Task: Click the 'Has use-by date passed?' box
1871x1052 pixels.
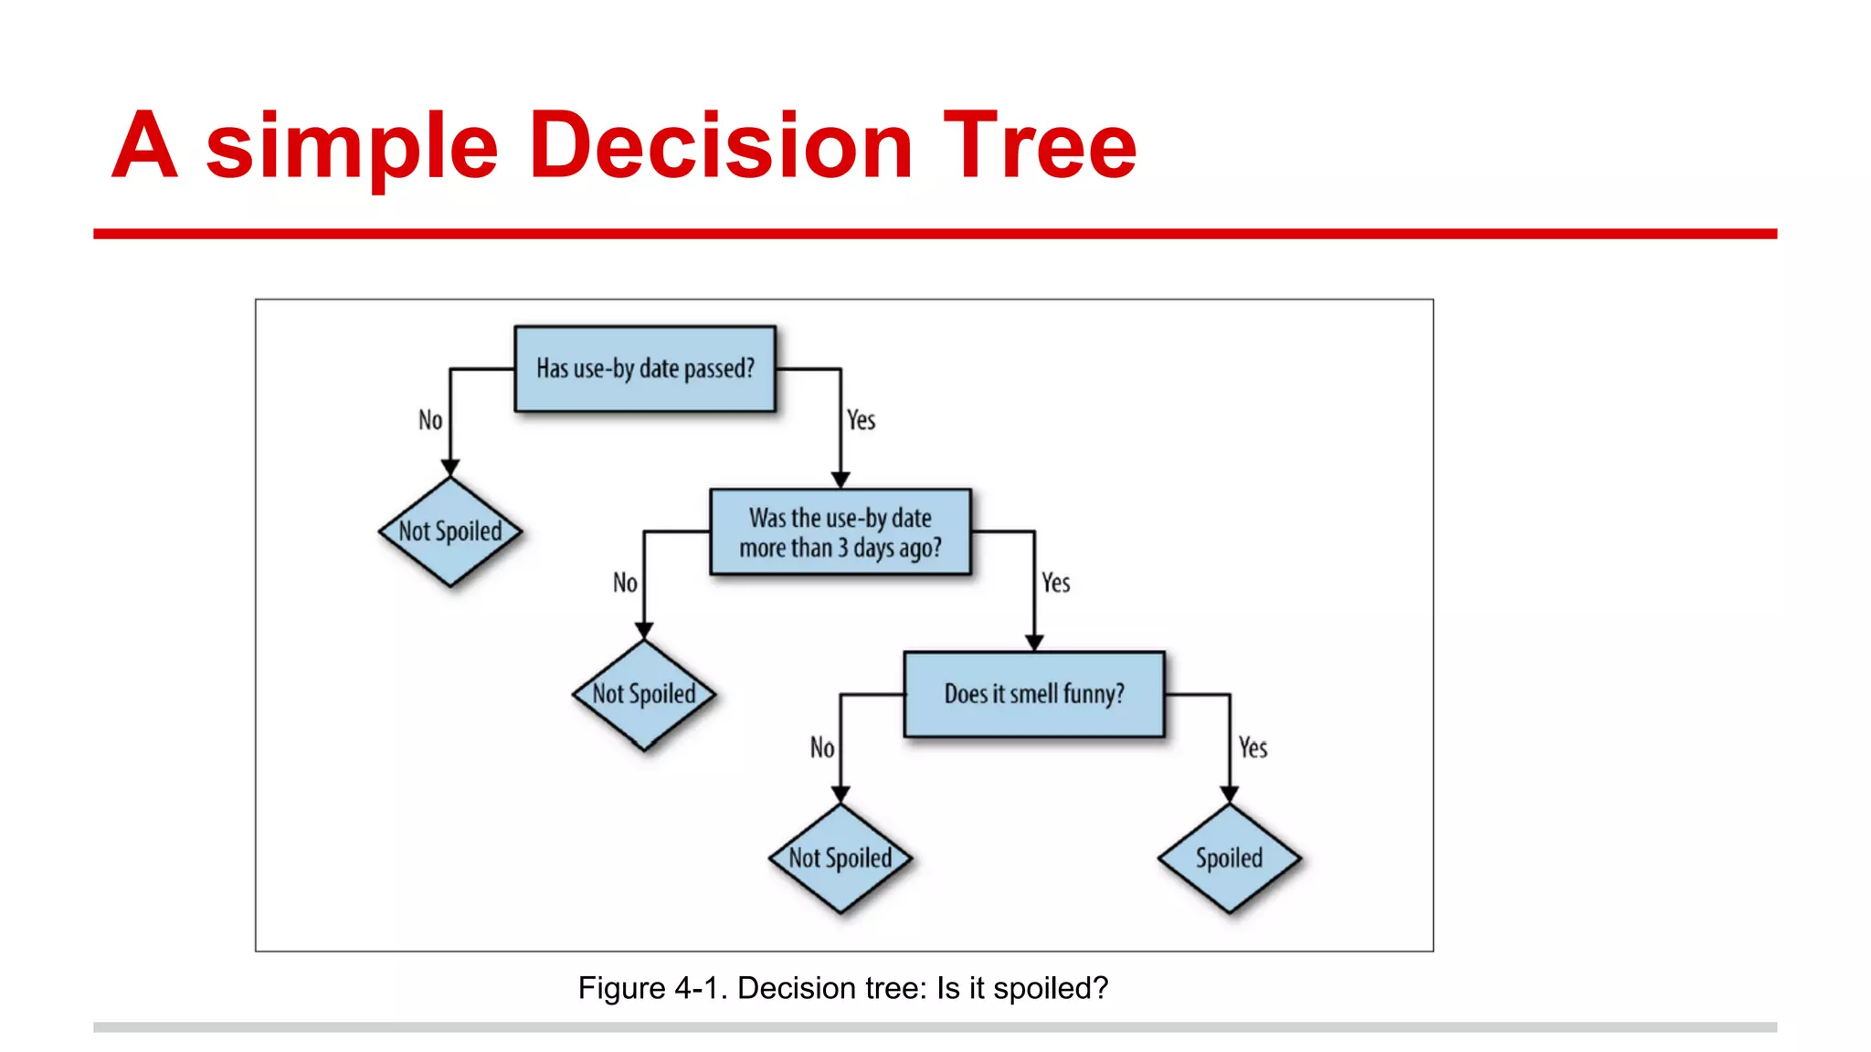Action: coord(645,369)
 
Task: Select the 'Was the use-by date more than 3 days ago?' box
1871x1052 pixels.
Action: coord(840,532)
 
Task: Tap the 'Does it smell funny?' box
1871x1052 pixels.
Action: coord(1034,694)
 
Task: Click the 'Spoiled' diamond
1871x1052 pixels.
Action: coord(1229,858)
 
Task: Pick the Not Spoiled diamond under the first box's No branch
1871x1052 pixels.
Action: coord(450,531)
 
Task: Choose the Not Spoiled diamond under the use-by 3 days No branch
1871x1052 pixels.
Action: coord(644,695)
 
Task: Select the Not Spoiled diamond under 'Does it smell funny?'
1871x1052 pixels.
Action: coord(840,858)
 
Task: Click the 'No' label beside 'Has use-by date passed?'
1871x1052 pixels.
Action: coord(430,420)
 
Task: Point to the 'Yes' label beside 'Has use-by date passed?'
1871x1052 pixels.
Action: coord(861,420)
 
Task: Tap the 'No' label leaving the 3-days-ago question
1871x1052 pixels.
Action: coord(625,583)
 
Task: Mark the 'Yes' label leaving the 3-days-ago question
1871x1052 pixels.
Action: coord(1056,583)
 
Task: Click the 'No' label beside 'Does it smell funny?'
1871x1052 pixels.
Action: coord(822,748)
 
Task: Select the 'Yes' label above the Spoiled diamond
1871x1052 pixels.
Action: coord(1253,748)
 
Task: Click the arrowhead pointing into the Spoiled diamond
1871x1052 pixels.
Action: coord(1230,794)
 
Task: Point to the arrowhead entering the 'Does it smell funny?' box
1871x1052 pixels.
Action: coord(1034,643)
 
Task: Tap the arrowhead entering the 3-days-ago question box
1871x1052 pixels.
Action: coord(840,480)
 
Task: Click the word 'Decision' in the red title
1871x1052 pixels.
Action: coord(721,146)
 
